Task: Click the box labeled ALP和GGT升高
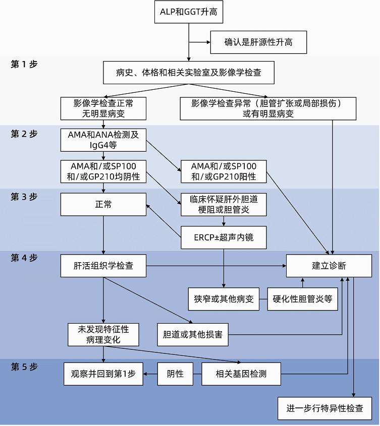click(x=189, y=12)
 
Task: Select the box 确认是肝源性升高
click(x=258, y=42)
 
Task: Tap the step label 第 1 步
click(x=24, y=64)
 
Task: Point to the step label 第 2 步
click(x=24, y=135)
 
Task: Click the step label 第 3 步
click(x=24, y=197)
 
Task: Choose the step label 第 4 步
click(x=24, y=258)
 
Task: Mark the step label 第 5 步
click(x=24, y=367)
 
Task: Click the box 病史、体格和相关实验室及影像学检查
click(x=189, y=73)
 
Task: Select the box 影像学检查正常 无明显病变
click(x=103, y=108)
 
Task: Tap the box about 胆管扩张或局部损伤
click(x=268, y=108)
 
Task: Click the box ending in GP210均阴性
click(x=103, y=171)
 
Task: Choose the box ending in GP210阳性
click(x=224, y=171)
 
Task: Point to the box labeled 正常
click(x=103, y=205)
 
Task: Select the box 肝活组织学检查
click(x=103, y=266)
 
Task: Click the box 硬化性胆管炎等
click(x=303, y=298)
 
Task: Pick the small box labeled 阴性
click(x=176, y=374)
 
